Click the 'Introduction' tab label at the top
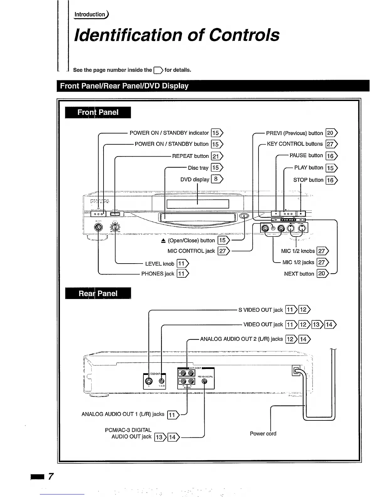coord(90,14)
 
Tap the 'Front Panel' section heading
coord(98,112)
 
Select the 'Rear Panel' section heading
coord(98,293)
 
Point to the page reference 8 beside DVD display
coord(216,179)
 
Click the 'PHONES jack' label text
coord(157,274)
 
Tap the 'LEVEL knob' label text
coord(159,264)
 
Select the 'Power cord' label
coord(263,434)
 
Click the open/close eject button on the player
coord(245,216)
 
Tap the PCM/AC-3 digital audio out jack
coord(205,381)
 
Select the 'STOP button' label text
coord(308,180)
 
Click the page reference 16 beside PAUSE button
coord(330,156)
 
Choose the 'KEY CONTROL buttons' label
coord(295,144)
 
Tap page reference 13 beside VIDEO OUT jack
coord(317,324)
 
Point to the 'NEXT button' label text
coord(299,274)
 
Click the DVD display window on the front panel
coord(198,204)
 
